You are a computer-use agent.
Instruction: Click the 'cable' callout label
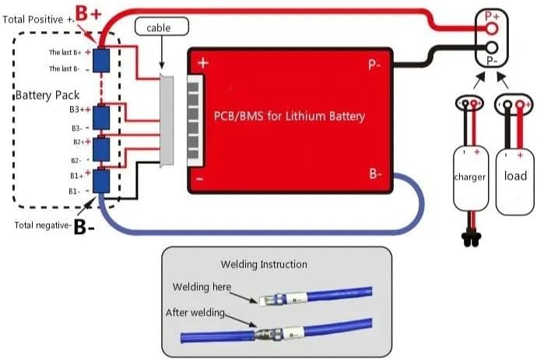click(x=163, y=28)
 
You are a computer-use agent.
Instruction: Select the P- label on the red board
click(x=374, y=65)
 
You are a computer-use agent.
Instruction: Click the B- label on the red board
click(x=374, y=174)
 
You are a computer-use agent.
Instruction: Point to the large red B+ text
click(x=86, y=12)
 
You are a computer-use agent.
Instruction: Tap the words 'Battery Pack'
click(x=44, y=96)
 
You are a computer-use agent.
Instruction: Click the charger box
click(x=469, y=177)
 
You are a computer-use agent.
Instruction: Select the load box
click(x=515, y=177)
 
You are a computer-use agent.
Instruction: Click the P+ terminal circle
click(x=491, y=28)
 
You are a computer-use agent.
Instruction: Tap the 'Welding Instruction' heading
click(x=263, y=264)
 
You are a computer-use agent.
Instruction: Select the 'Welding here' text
click(x=202, y=287)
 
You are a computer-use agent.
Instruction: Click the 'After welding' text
click(x=195, y=313)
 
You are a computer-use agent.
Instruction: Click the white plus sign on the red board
click(x=202, y=62)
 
